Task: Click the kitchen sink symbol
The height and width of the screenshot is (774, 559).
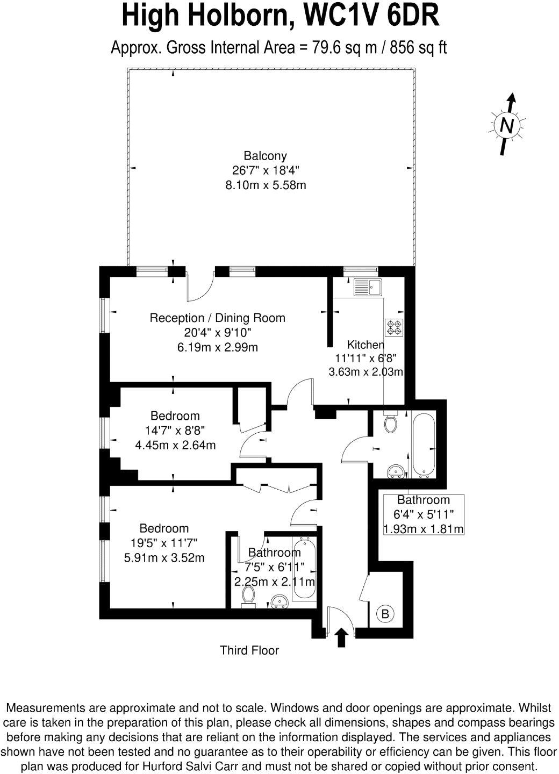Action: (367, 288)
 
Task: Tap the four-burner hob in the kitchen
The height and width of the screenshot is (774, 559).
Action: (394, 327)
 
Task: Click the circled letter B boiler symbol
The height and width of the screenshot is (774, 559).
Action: (385, 613)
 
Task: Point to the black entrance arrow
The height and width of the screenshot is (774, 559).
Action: (341, 637)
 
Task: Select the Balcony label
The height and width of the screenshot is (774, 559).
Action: (265, 156)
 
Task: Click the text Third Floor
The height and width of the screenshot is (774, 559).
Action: (249, 650)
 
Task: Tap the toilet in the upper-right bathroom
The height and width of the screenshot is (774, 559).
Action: (391, 423)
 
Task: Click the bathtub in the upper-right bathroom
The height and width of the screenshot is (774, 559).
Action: (424, 445)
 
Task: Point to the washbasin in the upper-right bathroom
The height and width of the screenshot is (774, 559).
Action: (397, 471)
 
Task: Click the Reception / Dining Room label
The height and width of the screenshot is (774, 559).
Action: (217, 318)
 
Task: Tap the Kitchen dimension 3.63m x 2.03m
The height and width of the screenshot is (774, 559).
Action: (365, 371)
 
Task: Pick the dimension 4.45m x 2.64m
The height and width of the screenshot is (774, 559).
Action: (175, 445)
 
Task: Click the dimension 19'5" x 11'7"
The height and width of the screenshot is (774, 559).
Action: (164, 543)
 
